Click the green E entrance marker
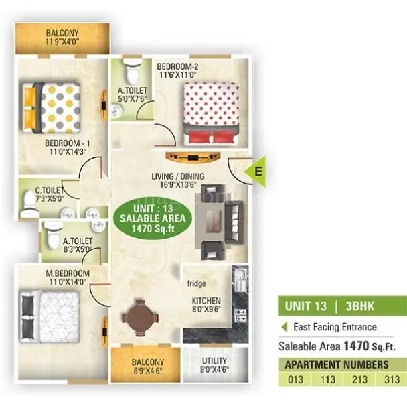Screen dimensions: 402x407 [258, 172]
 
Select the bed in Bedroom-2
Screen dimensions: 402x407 [210, 112]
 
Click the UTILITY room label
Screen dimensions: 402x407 [214, 365]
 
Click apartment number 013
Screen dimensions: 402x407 [295, 379]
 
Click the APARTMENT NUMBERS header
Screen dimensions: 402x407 [337, 364]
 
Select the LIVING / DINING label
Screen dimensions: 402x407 [177, 181]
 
